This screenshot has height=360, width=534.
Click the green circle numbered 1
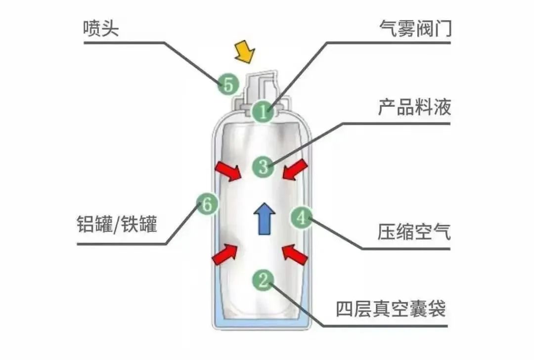[262, 111]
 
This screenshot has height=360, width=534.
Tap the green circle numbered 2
[263, 280]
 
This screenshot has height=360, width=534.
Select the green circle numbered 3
[263, 166]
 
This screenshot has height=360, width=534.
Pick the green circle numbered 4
[301, 218]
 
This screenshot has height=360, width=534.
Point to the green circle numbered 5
[227, 85]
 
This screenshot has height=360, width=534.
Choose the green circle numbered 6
[207, 203]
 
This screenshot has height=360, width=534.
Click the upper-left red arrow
[228, 171]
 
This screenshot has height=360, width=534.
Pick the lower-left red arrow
[225, 253]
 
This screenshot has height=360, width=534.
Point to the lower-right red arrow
[295, 255]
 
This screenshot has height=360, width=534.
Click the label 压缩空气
[414, 231]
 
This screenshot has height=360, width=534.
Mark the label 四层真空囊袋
[391, 309]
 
